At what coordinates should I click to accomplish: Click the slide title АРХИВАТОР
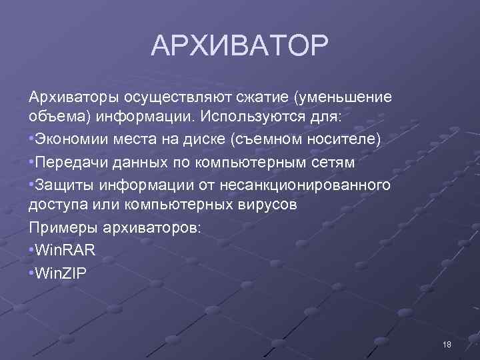pyautogui.click(x=239, y=46)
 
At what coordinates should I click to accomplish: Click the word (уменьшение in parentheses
pyautogui.click(x=341, y=98)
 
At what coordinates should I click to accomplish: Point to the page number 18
pyautogui.click(x=447, y=344)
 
